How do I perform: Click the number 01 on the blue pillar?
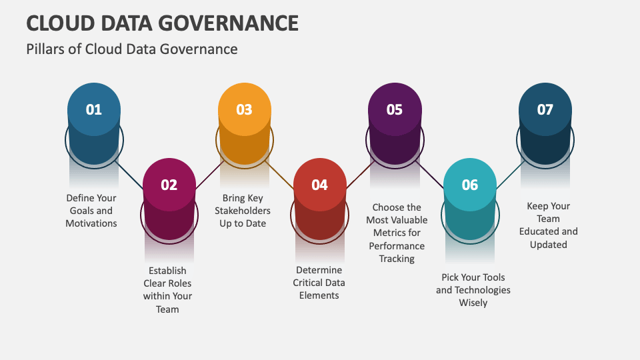tap(93, 109)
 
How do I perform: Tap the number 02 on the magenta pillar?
tap(169, 185)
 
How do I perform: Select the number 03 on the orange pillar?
tap(244, 109)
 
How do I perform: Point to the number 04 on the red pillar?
tap(319, 185)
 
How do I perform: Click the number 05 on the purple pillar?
tap(394, 109)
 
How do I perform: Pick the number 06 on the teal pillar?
tap(470, 185)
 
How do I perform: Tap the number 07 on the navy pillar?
tap(545, 109)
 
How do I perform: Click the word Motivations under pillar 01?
tap(91, 223)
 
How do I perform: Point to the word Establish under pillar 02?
tap(167, 271)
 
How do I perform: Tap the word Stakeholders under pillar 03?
tap(243, 211)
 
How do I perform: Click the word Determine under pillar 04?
tap(319, 270)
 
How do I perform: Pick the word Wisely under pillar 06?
tap(473, 303)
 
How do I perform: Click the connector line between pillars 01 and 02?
tap(129, 175)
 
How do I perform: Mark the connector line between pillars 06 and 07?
tap(511, 175)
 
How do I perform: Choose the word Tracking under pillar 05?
tap(397, 259)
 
